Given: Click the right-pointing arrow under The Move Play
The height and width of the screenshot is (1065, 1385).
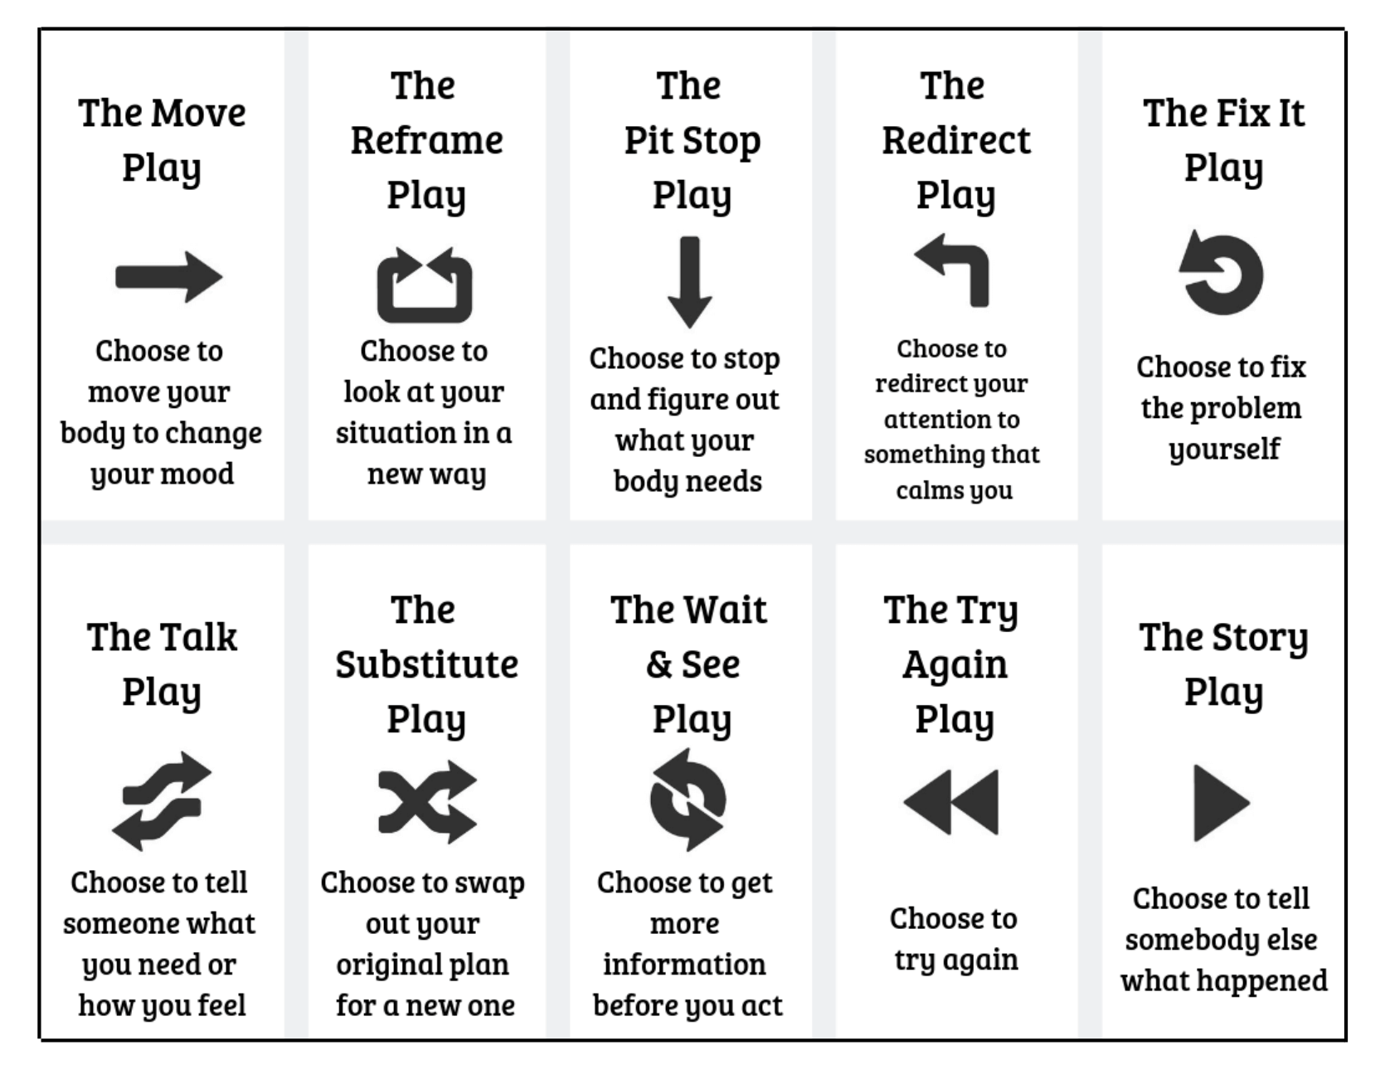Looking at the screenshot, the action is click(x=169, y=277).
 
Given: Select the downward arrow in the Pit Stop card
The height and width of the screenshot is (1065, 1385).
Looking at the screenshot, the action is click(x=689, y=282).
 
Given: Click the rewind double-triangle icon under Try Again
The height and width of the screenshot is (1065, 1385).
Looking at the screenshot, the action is click(x=951, y=801).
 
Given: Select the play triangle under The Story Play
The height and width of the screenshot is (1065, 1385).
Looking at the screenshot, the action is click(x=1221, y=802).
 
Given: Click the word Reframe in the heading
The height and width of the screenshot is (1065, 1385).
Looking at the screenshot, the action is click(x=426, y=140).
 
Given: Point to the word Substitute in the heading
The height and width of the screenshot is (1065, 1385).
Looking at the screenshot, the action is click(x=426, y=664).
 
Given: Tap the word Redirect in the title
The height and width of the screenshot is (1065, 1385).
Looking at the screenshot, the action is click(x=955, y=140).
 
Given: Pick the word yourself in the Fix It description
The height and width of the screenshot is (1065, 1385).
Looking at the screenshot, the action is click(x=1224, y=450).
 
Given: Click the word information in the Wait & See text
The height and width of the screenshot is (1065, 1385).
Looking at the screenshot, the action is click(x=684, y=964).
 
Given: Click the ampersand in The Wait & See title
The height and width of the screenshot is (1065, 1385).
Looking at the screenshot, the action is click(x=659, y=664).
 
